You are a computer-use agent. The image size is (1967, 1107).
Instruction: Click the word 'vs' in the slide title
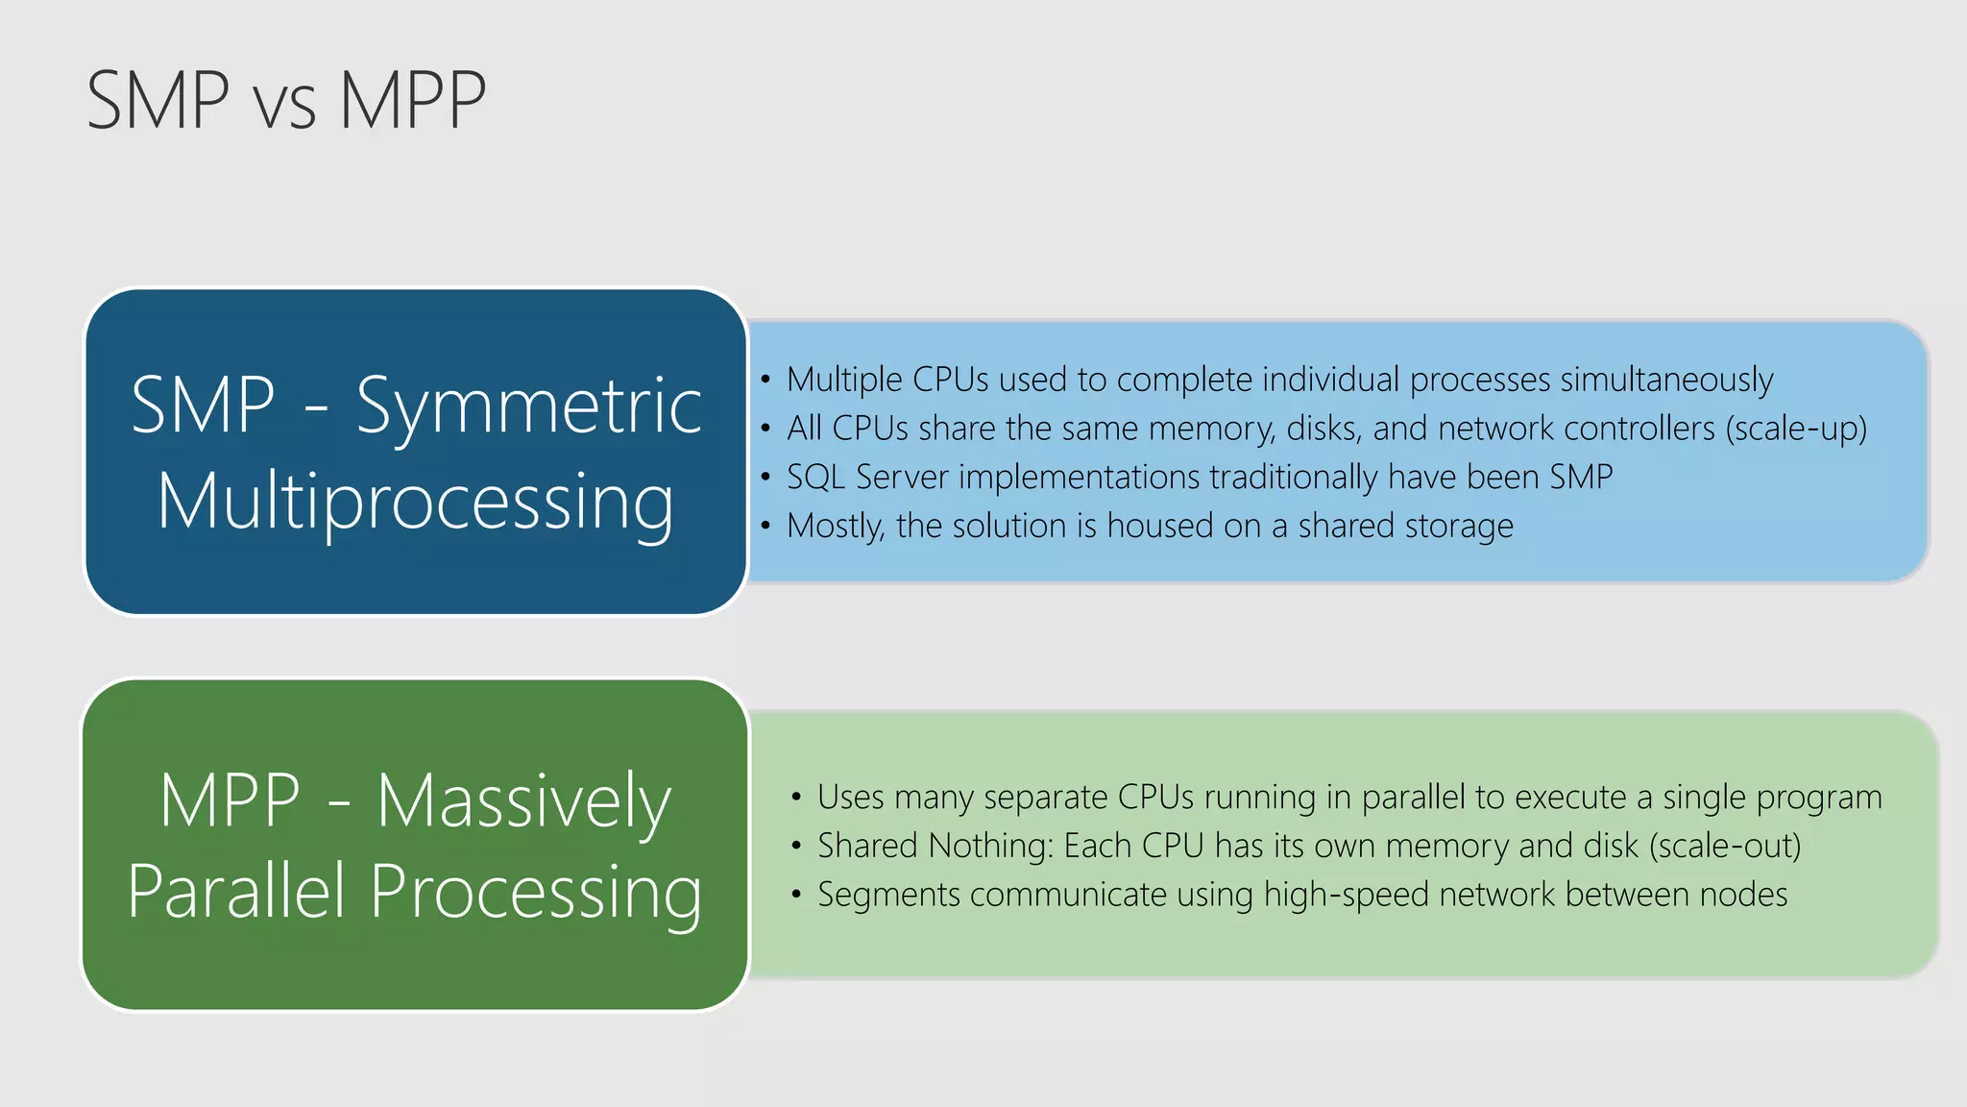pos(284,104)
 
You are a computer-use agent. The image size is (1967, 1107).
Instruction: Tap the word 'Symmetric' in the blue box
pos(529,407)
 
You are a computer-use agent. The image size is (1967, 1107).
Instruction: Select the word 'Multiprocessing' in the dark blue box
pos(415,502)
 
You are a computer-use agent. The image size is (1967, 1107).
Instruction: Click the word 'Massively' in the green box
pos(523,801)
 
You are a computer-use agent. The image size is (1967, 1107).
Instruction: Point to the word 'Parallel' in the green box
pos(236,892)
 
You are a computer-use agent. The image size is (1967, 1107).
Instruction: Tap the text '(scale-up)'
pos(1796,429)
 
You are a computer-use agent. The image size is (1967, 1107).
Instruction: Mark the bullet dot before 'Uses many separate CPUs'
pos(796,797)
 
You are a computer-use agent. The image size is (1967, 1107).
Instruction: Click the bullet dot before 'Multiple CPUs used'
pos(765,380)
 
